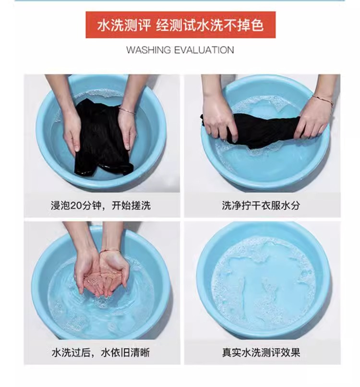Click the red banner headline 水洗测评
pos(124,25)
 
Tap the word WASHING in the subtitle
pos(148,50)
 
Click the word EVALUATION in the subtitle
pos(204,50)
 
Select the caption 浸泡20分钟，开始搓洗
pos(101,205)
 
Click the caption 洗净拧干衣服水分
pos(261,205)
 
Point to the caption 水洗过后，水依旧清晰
pos(101,352)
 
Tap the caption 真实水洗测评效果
pos(261,352)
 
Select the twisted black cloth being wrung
pos(264,130)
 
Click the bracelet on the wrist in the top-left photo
pos(127,110)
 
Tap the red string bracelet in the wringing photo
pos(322,100)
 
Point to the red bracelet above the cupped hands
pos(110,251)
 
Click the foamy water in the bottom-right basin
pos(263,284)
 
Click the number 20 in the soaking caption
pos(75,206)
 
